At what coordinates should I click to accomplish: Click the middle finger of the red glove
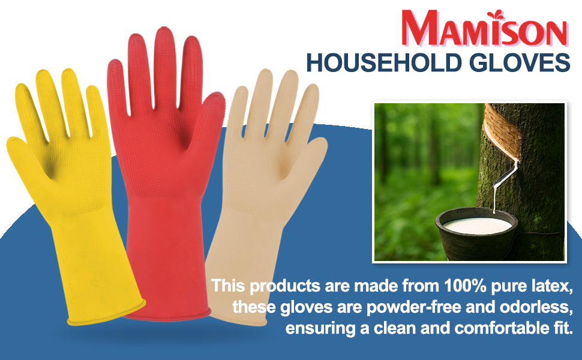click(x=164, y=57)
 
